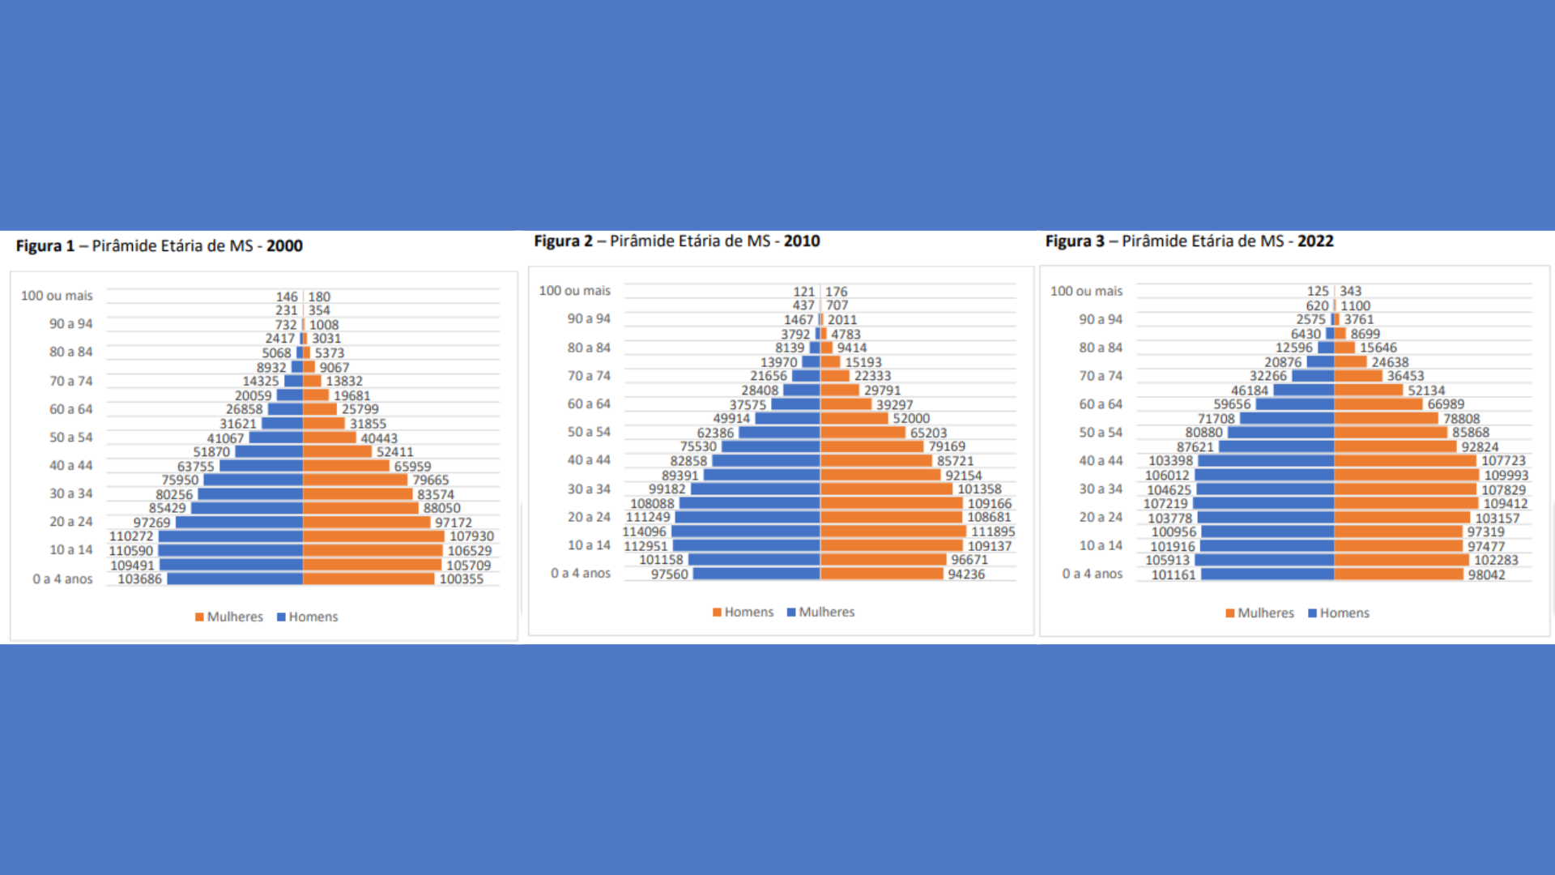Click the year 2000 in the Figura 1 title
click(x=284, y=245)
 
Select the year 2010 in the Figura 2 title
click(x=802, y=241)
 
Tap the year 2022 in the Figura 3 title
click(x=1315, y=241)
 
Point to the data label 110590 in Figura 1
click(x=131, y=551)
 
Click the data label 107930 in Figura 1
click(x=471, y=536)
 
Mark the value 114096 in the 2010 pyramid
click(x=644, y=531)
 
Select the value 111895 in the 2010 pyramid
click(x=993, y=531)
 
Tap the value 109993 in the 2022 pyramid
click(x=1506, y=476)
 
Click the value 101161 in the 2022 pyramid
click(x=1174, y=574)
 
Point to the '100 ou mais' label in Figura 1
click(x=57, y=296)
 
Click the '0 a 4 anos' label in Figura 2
click(x=581, y=573)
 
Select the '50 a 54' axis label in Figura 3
click(x=1101, y=433)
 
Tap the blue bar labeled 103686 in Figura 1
click(x=235, y=578)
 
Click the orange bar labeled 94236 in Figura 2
click(x=882, y=574)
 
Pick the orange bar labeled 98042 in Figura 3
click(x=1399, y=574)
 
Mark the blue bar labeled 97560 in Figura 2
click(x=756, y=574)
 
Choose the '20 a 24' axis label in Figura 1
click(x=71, y=522)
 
